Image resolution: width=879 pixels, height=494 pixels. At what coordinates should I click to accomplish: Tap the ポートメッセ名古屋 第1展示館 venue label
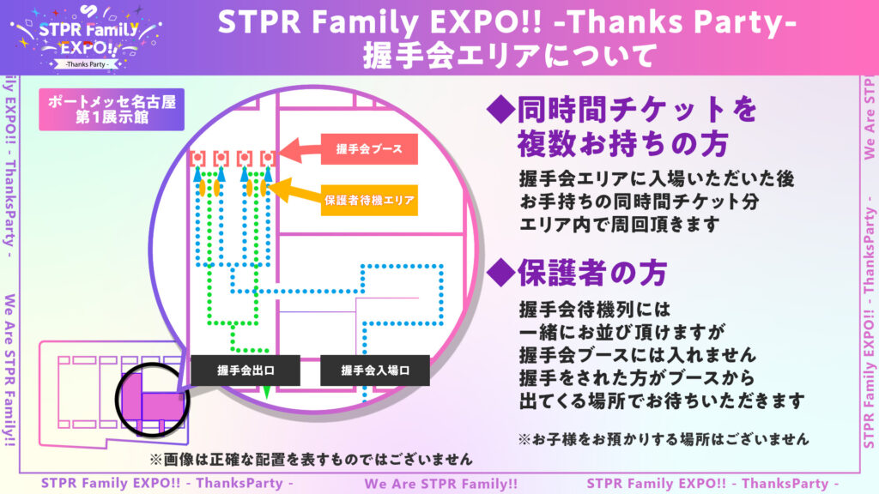pos(112,109)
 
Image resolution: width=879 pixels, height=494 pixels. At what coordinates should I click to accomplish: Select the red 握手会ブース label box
pos(369,149)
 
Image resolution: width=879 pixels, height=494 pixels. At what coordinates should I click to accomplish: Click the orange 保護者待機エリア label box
pos(369,200)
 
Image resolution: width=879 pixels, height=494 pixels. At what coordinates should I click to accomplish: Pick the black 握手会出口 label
pos(246,370)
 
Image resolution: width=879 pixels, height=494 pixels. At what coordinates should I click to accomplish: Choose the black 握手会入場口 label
pos(375,370)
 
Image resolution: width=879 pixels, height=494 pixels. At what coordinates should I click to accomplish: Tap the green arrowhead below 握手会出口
pos(267,391)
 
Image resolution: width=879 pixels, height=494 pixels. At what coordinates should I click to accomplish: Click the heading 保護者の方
pos(592,273)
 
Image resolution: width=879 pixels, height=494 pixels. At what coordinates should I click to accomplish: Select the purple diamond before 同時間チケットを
pos(500,109)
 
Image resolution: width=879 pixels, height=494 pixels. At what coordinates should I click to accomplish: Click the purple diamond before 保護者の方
pos(500,273)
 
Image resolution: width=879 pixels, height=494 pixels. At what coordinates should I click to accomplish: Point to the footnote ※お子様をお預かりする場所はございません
pos(664,438)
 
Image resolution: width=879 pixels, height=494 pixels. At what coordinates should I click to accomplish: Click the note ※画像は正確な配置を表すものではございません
pos(311,460)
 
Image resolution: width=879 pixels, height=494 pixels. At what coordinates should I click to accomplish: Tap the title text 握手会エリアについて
pos(509,56)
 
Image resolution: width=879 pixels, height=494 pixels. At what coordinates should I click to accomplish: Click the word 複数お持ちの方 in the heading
pos(622,144)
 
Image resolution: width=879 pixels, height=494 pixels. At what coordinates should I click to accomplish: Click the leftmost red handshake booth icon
pos(197,159)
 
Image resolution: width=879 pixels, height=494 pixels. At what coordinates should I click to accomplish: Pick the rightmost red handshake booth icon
pos(268,159)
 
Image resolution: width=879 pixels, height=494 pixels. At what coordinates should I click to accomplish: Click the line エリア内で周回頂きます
pos(619,225)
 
